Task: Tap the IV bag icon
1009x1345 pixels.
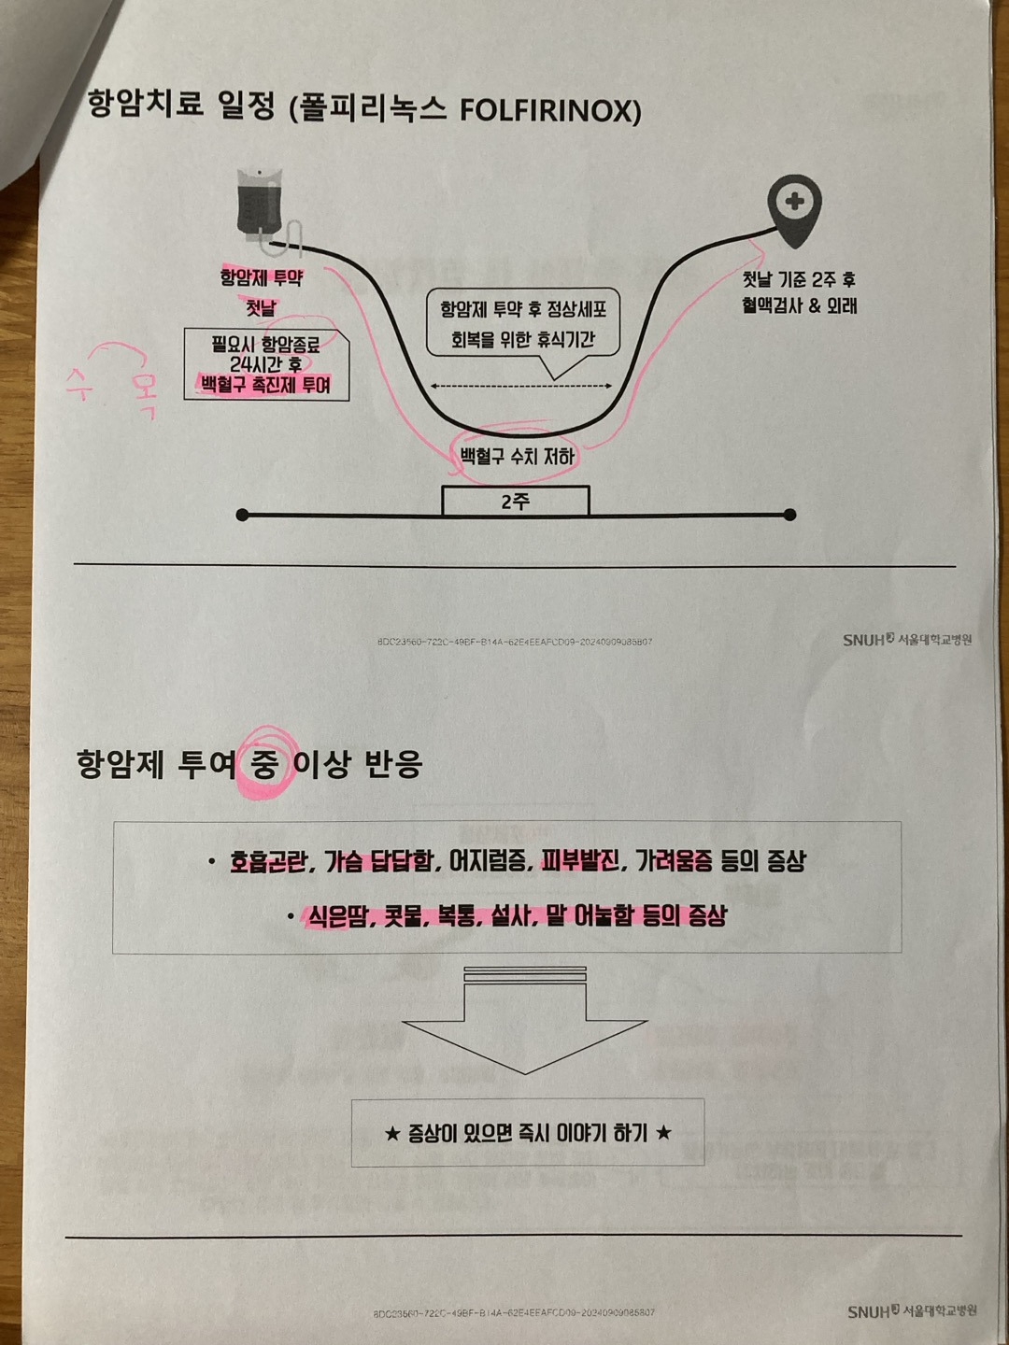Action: tap(259, 202)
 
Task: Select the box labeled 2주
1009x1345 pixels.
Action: tap(516, 502)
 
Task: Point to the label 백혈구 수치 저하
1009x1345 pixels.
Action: tap(517, 457)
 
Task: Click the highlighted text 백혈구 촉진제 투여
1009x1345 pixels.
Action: tap(265, 385)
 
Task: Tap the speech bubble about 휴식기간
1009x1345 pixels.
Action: tap(523, 323)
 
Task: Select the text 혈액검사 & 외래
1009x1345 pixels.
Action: tap(799, 306)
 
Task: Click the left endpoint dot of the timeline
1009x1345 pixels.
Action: tap(243, 515)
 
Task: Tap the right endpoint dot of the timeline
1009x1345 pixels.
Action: tap(790, 515)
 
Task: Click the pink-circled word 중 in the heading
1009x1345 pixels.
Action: tap(264, 765)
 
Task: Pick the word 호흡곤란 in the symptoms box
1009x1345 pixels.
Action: tap(269, 861)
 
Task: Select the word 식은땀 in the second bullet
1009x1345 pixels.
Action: tap(336, 916)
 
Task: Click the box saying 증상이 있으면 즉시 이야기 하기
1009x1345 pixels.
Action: tap(528, 1133)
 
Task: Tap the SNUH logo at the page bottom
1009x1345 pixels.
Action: tap(911, 1311)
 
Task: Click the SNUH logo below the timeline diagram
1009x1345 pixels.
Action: tap(907, 640)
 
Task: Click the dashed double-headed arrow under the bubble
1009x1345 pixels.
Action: tap(521, 386)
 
